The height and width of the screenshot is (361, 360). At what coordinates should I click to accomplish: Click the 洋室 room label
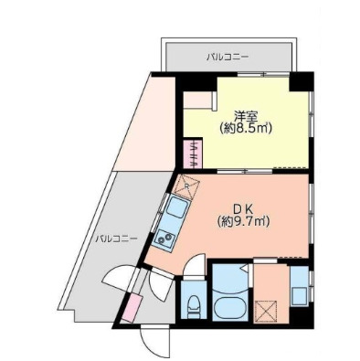coord(244,115)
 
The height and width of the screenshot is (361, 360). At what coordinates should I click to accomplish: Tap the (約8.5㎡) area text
coord(243,129)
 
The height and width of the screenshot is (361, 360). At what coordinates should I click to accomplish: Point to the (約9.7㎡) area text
coord(244,220)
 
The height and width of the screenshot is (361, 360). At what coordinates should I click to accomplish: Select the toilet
coord(193,304)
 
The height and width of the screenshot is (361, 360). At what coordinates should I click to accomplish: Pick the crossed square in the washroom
coord(266,312)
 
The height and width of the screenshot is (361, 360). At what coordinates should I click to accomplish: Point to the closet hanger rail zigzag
coord(194,149)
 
